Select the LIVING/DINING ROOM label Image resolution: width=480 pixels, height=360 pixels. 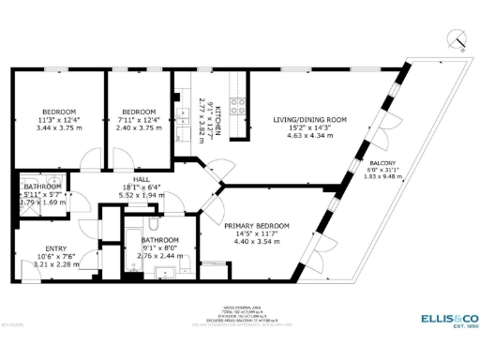pyautogui.click(x=310, y=120)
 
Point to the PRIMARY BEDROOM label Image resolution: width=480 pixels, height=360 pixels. pyautogui.click(x=256, y=226)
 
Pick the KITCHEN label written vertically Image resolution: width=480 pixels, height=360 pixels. pyautogui.click(x=218, y=122)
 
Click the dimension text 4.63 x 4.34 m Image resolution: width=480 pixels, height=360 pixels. pyautogui.click(x=310, y=137)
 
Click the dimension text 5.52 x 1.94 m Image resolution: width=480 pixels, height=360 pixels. pyautogui.click(x=142, y=194)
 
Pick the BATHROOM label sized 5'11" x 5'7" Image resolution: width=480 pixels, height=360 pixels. pyautogui.click(x=41, y=187)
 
